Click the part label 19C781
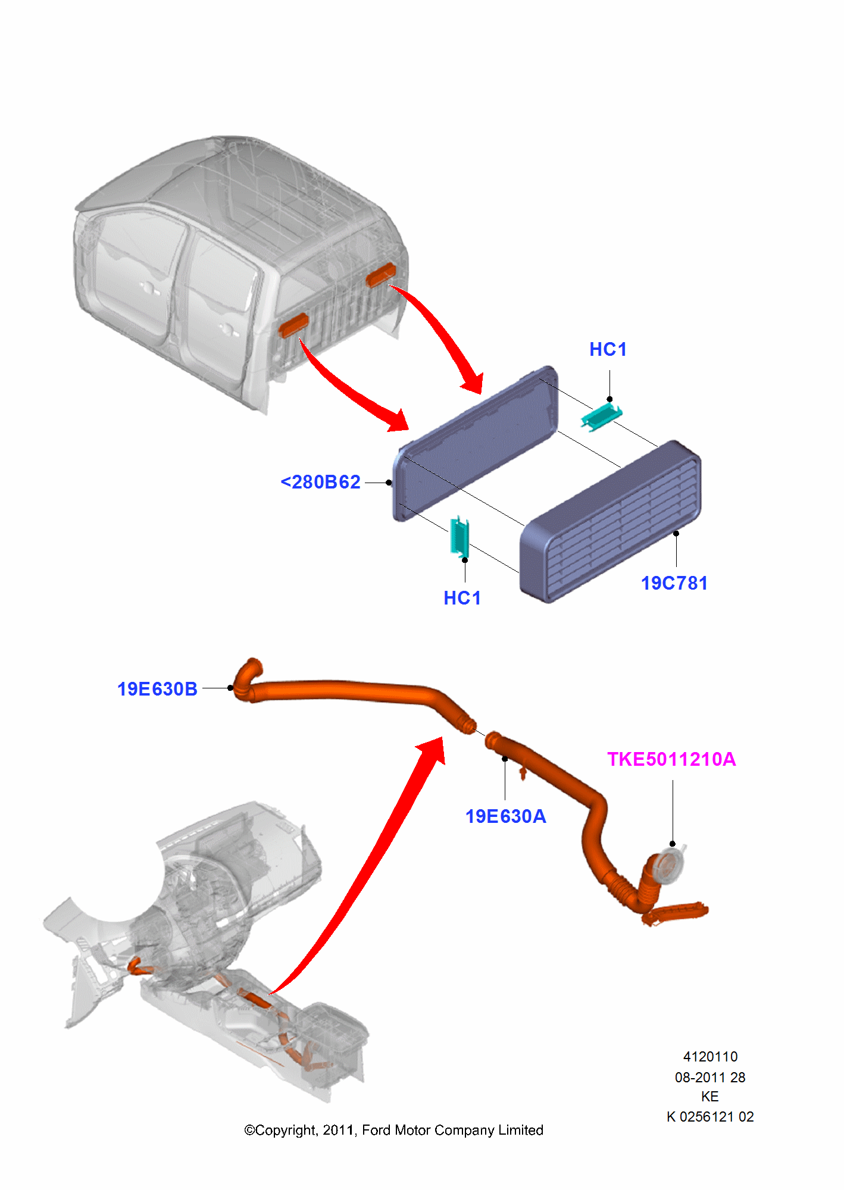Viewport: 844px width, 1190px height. (x=674, y=583)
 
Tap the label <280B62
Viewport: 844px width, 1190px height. (x=321, y=482)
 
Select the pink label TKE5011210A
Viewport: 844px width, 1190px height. (x=671, y=759)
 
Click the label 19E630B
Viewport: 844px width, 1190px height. (x=157, y=689)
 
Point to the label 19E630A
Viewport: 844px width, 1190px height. (x=505, y=816)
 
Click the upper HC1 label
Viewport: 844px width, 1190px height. (x=608, y=349)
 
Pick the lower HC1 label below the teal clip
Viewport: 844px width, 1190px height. (x=462, y=598)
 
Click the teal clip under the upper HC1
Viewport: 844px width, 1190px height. (x=601, y=416)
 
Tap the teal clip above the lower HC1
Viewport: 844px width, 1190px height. (x=459, y=536)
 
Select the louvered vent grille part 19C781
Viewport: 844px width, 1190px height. (x=613, y=524)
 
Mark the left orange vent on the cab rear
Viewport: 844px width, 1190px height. (x=294, y=325)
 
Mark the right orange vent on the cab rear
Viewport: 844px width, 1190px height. (x=381, y=274)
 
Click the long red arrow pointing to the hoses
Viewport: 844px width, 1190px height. (x=369, y=863)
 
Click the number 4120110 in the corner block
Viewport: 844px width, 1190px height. (x=710, y=1057)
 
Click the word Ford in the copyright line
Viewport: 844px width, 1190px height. (x=376, y=1130)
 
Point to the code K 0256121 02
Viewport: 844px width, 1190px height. (x=710, y=1117)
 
